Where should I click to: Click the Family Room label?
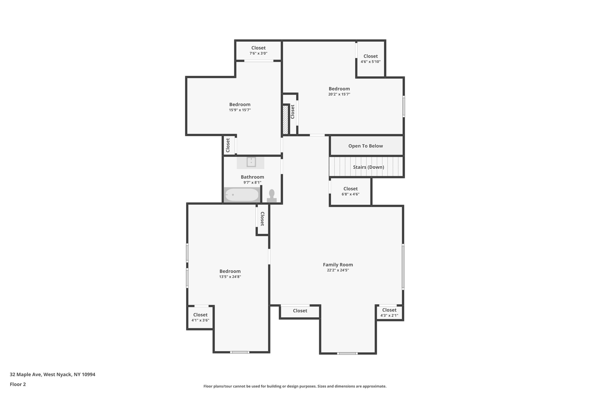tap(338, 265)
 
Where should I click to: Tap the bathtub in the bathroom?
tap(242, 195)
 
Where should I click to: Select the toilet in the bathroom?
tap(272, 196)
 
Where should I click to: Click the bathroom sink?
tap(251, 162)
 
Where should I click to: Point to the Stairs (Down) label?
tap(368, 167)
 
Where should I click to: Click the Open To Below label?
tap(366, 146)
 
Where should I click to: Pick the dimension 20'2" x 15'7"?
tap(339, 94)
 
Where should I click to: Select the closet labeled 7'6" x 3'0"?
tap(258, 50)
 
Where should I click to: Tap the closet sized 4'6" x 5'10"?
tap(370, 59)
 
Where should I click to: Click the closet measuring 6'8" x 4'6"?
tap(350, 191)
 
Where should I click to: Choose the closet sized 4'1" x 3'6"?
tap(200, 317)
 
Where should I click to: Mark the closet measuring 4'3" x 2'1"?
tap(389, 313)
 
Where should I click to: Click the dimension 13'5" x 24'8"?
tap(230, 277)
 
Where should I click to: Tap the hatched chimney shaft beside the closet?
tap(285, 120)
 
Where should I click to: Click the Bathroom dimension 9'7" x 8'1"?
tap(252, 182)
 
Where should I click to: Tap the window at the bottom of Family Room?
tap(347, 353)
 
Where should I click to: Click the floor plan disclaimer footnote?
tap(295, 386)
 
